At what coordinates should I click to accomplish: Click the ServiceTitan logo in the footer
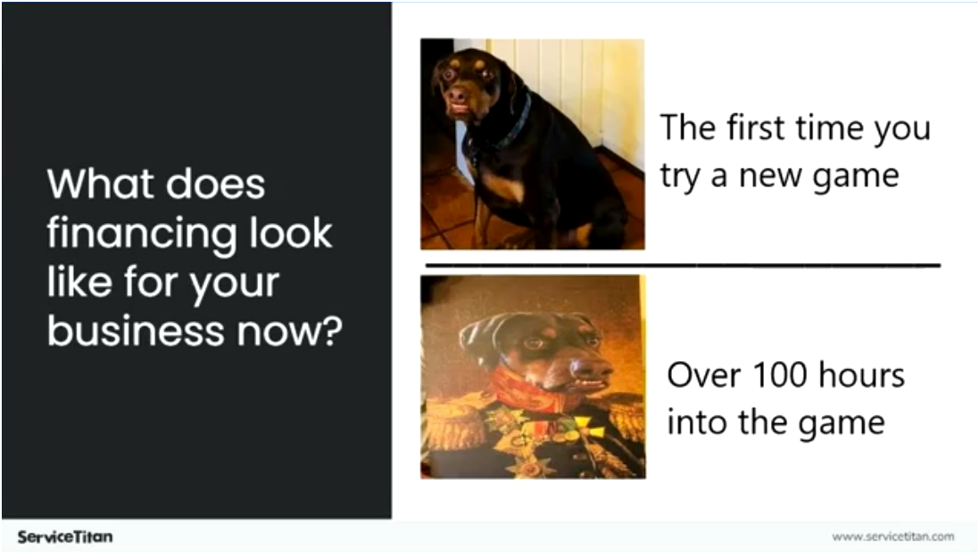[x=65, y=537]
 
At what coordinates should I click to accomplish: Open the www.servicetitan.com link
[x=892, y=537]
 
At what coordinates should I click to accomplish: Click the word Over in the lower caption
[x=704, y=375]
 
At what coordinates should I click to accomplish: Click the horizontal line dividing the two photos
[x=683, y=265]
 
